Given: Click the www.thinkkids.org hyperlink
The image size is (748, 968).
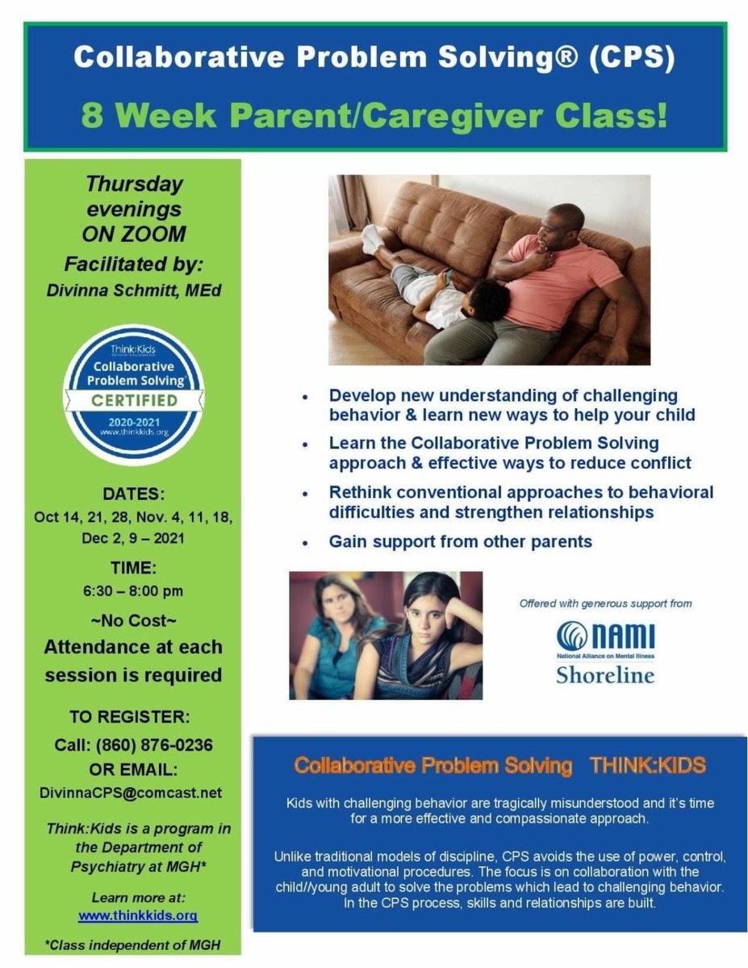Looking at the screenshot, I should tap(137, 916).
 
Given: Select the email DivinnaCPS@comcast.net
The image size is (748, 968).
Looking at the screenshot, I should tap(131, 792).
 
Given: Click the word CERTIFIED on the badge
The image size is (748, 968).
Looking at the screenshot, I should tap(134, 400).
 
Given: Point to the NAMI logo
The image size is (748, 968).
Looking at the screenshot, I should tap(605, 636).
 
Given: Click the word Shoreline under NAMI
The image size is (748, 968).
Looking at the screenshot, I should tap(605, 674).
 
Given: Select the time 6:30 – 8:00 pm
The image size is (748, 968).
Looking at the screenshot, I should tap(134, 590).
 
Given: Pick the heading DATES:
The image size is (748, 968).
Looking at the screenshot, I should tap(134, 493).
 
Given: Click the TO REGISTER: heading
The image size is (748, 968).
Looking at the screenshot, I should tap(134, 716).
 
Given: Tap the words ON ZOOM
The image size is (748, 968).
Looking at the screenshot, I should tap(134, 234).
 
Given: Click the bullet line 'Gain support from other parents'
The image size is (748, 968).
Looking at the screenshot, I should tap(460, 541).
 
